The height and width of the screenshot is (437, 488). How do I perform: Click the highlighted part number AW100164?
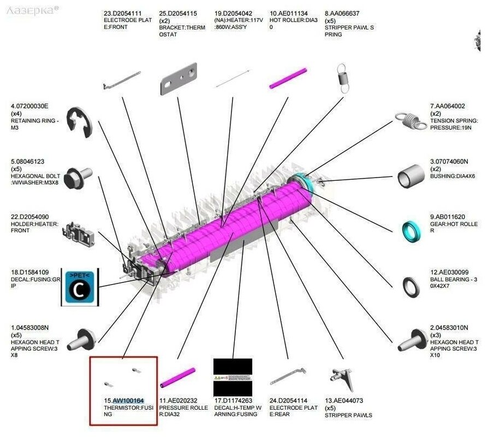tap(128, 400)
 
